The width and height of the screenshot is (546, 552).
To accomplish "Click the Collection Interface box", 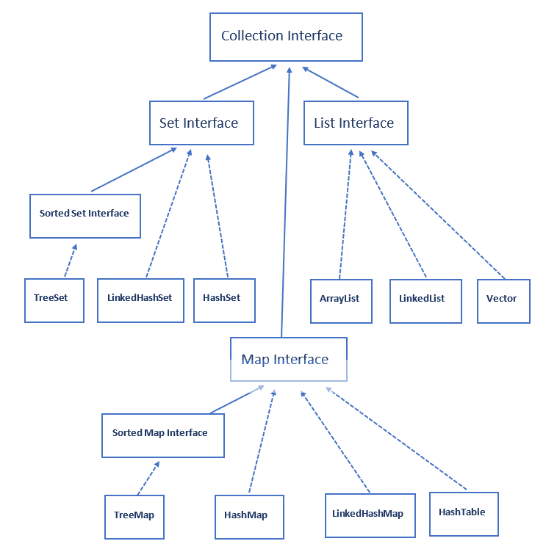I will [x=286, y=36].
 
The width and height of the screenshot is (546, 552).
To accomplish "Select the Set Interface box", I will [x=199, y=123].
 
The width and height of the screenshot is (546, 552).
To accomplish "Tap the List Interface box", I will [x=356, y=123].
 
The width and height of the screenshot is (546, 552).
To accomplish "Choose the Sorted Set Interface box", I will [x=85, y=215].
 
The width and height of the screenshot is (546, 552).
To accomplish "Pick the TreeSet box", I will [x=54, y=299].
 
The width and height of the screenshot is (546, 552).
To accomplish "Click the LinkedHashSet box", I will [x=140, y=299].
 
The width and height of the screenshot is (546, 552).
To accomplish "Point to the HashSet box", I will [x=224, y=299].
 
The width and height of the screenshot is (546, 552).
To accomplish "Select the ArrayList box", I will [x=339, y=300].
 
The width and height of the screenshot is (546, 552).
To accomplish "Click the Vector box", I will [x=503, y=300].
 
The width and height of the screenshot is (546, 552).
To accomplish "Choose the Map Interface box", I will [x=288, y=359].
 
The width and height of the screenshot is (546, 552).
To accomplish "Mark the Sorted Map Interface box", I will [x=162, y=434].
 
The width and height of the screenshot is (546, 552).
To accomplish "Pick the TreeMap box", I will [x=134, y=516].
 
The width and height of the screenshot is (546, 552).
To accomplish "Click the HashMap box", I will [x=248, y=517].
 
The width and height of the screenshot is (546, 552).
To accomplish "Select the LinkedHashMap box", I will [x=369, y=515].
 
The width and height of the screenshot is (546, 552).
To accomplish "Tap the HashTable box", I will [x=463, y=513].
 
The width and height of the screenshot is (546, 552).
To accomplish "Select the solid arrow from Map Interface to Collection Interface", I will [x=285, y=206].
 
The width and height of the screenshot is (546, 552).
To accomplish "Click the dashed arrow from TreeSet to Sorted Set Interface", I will [x=69, y=260].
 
